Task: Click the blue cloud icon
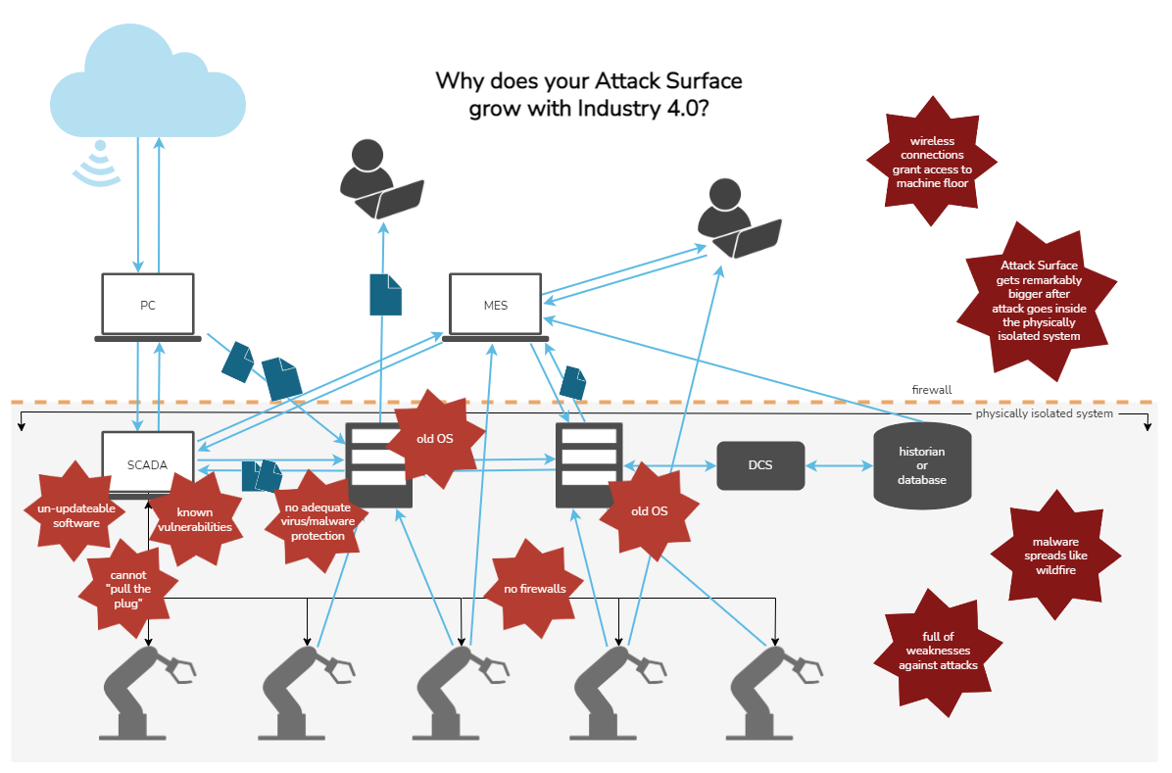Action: click(148, 83)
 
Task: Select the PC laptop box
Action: click(148, 307)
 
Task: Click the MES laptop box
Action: click(495, 307)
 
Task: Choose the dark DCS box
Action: click(760, 465)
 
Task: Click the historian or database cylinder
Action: click(922, 466)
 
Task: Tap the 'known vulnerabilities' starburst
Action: click(195, 519)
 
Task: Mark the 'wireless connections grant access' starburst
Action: click(932, 162)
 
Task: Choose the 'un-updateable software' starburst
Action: click(76, 515)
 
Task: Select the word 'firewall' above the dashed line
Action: click(931, 390)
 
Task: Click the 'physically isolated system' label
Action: click(1044, 414)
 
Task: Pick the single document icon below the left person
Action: click(385, 294)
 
